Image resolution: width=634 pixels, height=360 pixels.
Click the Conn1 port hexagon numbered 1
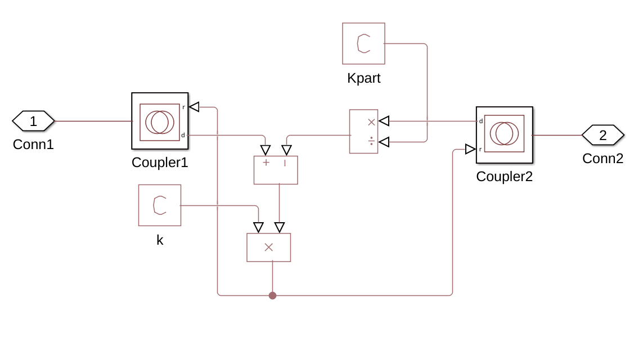[x=33, y=121]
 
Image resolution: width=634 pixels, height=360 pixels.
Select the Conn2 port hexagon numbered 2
[x=602, y=135]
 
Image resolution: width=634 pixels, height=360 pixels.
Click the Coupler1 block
[x=160, y=121]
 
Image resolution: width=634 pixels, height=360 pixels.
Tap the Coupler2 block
[x=504, y=135]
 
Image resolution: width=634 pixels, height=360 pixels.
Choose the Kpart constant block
[x=363, y=43]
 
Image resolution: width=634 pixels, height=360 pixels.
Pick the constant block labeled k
[x=160, y=205]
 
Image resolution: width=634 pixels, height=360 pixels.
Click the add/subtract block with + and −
[x=276, y=170]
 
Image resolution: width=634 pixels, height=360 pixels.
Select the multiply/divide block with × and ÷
[x=363, y=132]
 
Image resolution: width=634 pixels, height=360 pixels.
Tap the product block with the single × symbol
[x=269, y=247]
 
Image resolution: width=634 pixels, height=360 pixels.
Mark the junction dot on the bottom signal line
[x=273, y=295]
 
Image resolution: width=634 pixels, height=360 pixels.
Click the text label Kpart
[x=363, y=78]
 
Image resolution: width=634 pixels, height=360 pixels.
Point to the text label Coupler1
[x=160, y=163]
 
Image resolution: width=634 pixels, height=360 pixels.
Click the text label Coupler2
[x=504, y=177]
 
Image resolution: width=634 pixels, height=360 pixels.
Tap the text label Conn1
[x=33, y=145]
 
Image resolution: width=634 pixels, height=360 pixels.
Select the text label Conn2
[x=602, y=159]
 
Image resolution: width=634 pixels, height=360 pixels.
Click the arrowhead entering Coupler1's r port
[x=194, y=107]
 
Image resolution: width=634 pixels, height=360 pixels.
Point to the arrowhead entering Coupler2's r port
[x=470, y=149]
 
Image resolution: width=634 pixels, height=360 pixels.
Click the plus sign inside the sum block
[x=266, y=163]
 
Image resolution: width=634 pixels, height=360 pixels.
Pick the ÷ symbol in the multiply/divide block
[x=371, y=141]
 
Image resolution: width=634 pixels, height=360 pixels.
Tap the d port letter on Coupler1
[x=183, y=135]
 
